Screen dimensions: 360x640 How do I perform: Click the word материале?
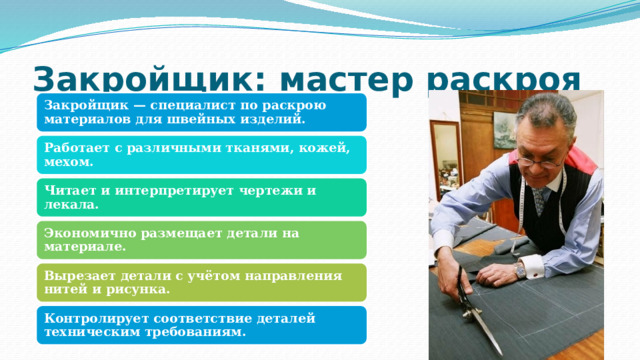(86, 246)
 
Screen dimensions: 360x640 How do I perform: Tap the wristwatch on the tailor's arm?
(520, 269)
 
